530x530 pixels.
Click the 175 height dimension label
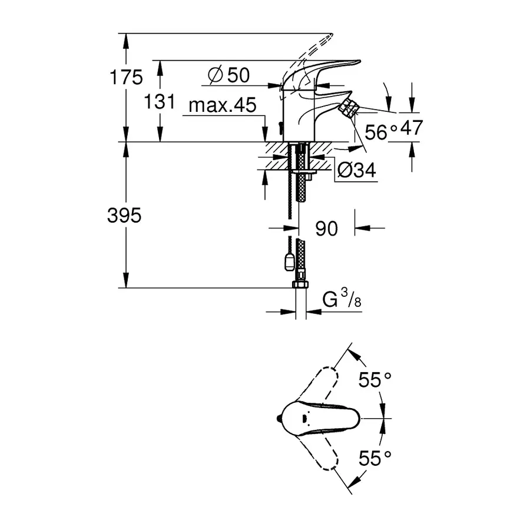pyautogui.click(x=125, y=77)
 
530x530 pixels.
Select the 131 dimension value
pyautogui.click(x=160, y=101)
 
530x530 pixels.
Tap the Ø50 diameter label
pyautogui.click(x=229, y=75)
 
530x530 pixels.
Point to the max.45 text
pyautogui.click(x=223, y=106)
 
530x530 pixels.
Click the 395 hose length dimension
pyautogui.click(x=124, y=216)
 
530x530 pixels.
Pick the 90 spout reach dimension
pyautogui.click(x=327, y=228)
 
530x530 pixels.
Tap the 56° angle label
pyautogui.click(x=377, y=131)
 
